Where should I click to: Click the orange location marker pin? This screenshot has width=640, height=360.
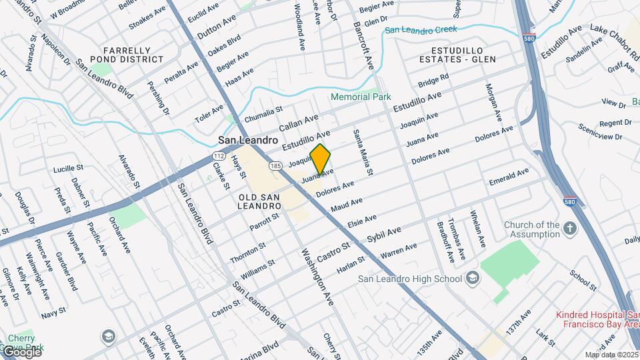[x=321, y=159]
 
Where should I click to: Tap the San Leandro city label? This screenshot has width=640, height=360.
[x=247, y=141]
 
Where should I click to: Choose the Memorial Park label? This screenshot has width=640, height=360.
[x=361, y=97]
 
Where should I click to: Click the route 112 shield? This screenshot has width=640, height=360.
[x=218, y=155]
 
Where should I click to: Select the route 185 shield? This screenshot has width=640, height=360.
[x=275, y=164]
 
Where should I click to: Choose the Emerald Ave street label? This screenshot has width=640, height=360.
[x=508, y=176]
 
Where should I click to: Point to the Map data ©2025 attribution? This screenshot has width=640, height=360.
[x=611, y=355]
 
